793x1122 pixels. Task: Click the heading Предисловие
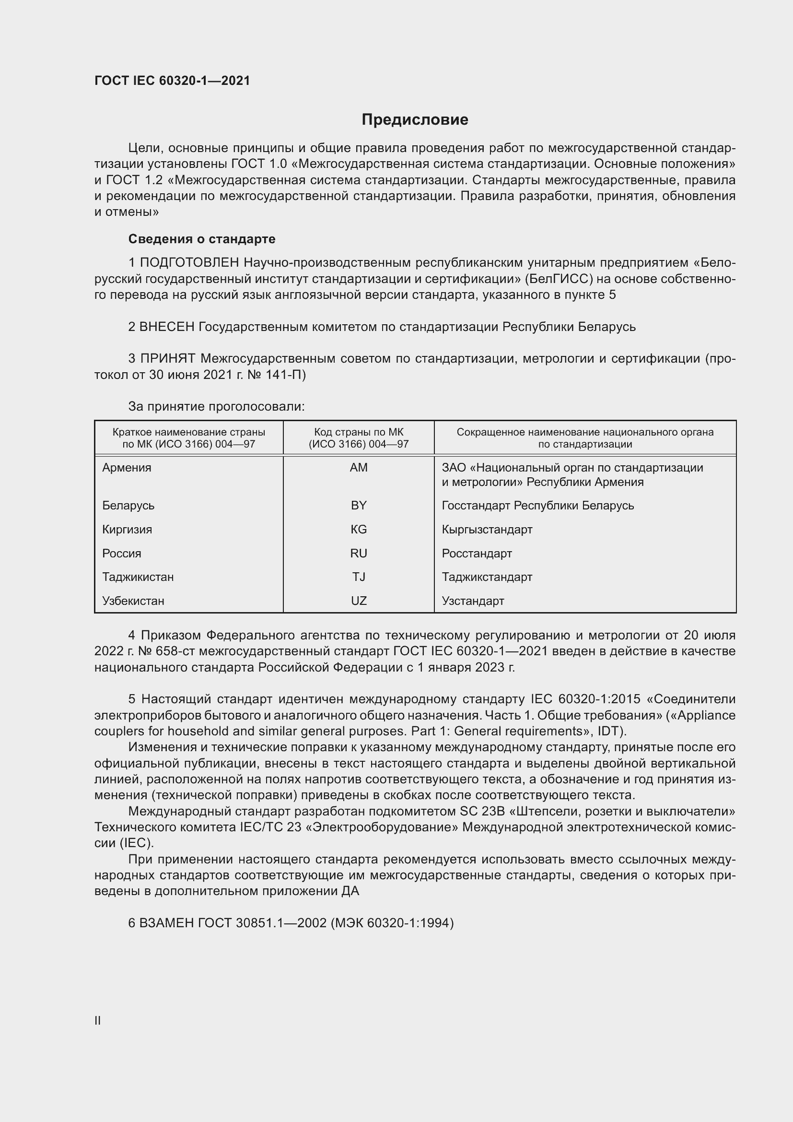tap(415, 120)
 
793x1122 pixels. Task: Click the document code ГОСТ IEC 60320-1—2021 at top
tap(172, 81)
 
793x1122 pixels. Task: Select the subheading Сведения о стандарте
tap(202, 239)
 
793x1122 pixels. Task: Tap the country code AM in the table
tap(359, 468)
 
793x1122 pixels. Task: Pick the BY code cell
tap(359, 505)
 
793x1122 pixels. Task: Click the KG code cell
tap(359, 529)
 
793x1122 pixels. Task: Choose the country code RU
tap(359, 553)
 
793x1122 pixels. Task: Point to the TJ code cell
tap(359, 577)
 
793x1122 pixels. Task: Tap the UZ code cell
tap(359, 601)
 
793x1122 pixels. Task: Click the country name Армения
tap(127, 468)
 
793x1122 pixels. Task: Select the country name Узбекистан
tap(133, 601)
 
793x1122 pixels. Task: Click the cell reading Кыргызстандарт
tap(487, 529)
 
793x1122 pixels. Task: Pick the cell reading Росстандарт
tap(477, 553)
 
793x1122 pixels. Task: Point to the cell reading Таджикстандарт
tap(487, 577)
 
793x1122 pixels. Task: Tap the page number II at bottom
tap(98, 1020)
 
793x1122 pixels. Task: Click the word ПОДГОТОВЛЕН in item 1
tap(189, 263)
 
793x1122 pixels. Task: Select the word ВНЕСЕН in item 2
tap(167, 327)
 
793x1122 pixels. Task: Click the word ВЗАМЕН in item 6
tap(167, 922)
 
